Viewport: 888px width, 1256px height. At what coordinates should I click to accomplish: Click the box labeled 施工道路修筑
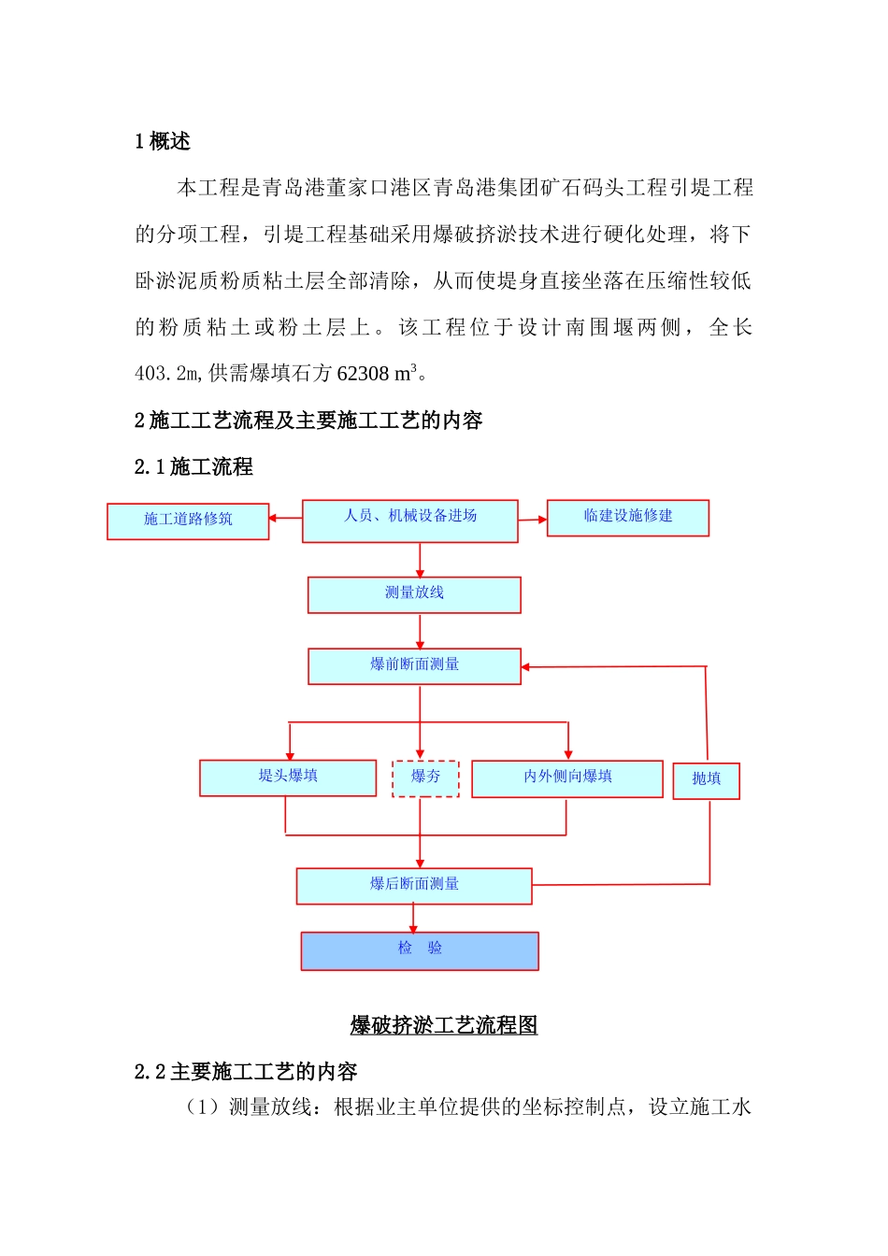[x=188, y=521]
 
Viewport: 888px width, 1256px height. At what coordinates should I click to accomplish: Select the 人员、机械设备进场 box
[x=409, y=521]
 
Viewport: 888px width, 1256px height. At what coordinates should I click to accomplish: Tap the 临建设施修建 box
[x=627, y=518]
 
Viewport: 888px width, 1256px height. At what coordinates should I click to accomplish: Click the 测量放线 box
[x=414, y=594]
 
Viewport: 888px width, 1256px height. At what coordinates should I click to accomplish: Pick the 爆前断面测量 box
[x=414, y=666]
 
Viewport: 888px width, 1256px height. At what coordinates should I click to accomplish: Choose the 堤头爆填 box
[x=288, y=778]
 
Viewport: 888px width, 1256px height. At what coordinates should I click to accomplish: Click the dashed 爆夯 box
[x=425, y=778]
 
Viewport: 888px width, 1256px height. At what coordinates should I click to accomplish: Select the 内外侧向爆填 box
[x=567, y=778]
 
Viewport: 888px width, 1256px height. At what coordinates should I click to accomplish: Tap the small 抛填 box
[x=706, y=780]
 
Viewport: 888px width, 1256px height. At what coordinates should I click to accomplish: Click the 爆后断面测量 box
[x=414, y=886]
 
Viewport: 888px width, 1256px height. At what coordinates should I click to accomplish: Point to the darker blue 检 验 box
[x=420, y=950]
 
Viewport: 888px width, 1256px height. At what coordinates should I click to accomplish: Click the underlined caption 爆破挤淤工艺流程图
[x=444, y=1025]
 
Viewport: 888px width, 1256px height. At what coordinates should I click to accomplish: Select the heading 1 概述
[x=163, y=141]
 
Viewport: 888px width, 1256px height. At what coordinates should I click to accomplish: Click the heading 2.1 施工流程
[x=193, y=466]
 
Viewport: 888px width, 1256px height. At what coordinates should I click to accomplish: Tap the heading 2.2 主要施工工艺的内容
[x=246, y=1071]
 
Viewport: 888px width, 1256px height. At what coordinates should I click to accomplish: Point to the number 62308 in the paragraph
[x=363, y=374]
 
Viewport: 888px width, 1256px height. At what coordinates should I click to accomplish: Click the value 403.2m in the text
[x=167, y=374]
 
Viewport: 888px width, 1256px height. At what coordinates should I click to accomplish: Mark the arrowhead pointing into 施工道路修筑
[x=273, y=518]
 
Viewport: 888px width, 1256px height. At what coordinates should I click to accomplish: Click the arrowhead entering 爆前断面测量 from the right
[x=525, y=667]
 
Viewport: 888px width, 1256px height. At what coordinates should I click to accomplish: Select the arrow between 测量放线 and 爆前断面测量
[x=420, y=632]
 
